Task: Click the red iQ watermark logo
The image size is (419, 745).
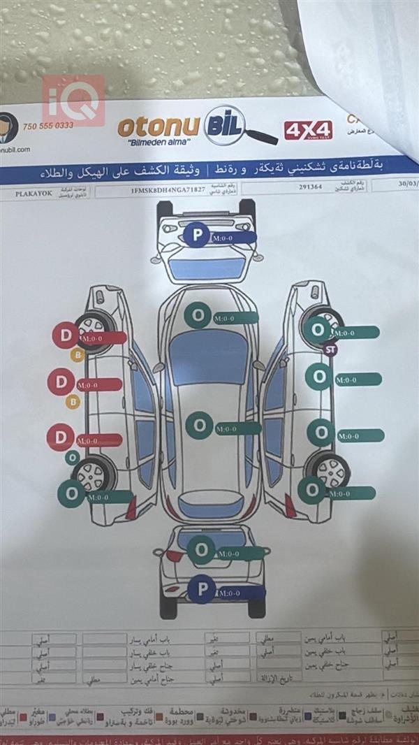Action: [73, 101]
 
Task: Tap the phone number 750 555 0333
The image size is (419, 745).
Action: [47, 126]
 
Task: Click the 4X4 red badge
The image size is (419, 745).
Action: [308, 130]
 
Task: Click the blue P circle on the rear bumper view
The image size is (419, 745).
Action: [202, 590]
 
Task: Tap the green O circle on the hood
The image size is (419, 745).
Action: [198, 316]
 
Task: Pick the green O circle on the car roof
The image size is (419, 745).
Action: [199, 425]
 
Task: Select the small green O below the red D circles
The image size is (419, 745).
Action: [72, 458]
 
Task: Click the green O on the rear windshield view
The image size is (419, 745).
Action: [201, 549]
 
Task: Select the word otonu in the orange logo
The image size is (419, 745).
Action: [158, 127]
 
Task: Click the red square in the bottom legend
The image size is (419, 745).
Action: [23, 717]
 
